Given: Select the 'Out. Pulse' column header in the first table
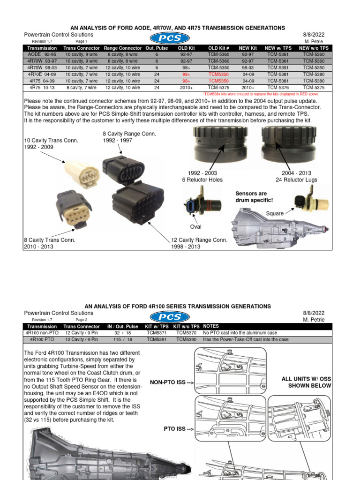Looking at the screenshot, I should (x=157, y=48).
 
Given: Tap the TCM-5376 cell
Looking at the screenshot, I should (x=278, y=87).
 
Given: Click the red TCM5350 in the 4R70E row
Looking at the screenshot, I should (x=219, y=74).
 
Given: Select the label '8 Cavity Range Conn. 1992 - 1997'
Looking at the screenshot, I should (x=129, y=137).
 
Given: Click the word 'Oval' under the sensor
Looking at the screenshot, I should (x=195, y=227).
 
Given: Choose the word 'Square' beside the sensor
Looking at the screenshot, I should (x=275, y=213).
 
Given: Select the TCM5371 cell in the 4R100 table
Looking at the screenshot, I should (x=156, y=332).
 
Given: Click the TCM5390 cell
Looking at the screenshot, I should (x=186, y=339).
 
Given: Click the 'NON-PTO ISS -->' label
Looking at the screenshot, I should (x=172, y=382).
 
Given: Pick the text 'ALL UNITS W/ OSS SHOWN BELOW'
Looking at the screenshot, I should (x=306, y=382).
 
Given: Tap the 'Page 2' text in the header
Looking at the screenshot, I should (x=82, y=320).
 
